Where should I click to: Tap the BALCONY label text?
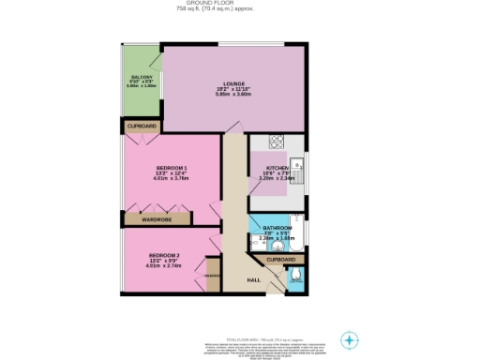tap(142, 76)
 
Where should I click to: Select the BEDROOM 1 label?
tap(172, 168)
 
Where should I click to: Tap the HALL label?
tap(253, 279)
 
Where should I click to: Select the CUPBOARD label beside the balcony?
tap(142, 126)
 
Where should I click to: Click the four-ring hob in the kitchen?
tap(277, 142)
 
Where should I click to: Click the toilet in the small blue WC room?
tap(296, 276)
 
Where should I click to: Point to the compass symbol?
tap(349, 339)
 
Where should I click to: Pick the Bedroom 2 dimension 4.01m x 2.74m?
tap(163, 265)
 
